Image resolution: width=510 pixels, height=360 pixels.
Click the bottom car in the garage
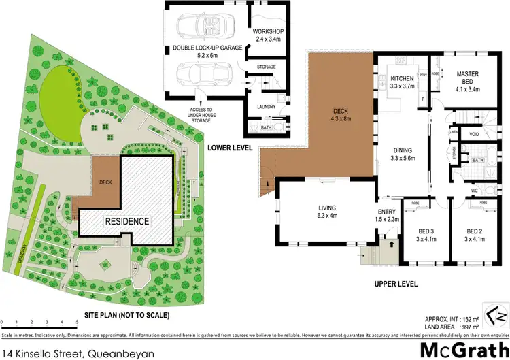pos(200,74)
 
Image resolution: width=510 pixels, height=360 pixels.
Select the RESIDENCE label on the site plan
pos(126,222)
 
